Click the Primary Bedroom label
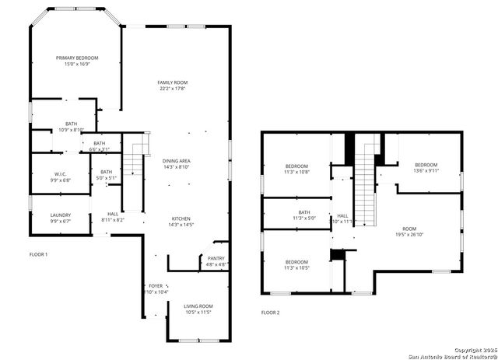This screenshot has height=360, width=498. point(76,61)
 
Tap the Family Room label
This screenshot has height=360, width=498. point(173,86)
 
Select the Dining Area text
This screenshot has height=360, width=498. point(177,164)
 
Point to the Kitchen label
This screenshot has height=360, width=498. point(181,222)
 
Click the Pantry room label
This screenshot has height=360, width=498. point(216,260)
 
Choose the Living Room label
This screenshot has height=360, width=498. point(198,309)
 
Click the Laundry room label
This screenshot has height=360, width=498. point(61,218)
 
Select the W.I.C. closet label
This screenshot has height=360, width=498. point(61,176)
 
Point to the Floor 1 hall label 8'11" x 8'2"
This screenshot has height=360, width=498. point(113,217)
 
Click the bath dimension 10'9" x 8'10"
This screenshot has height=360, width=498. point(72,130)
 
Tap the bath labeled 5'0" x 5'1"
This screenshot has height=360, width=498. point(107,175)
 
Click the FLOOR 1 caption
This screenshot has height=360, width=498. point(39,254)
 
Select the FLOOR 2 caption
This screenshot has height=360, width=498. point(270,313)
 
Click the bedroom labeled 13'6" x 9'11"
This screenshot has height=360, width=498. point(426,168)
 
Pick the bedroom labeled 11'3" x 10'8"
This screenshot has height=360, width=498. point(296,170)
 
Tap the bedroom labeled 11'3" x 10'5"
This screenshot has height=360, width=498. point(296,265)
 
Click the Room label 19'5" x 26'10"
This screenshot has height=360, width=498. point(409,231)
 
